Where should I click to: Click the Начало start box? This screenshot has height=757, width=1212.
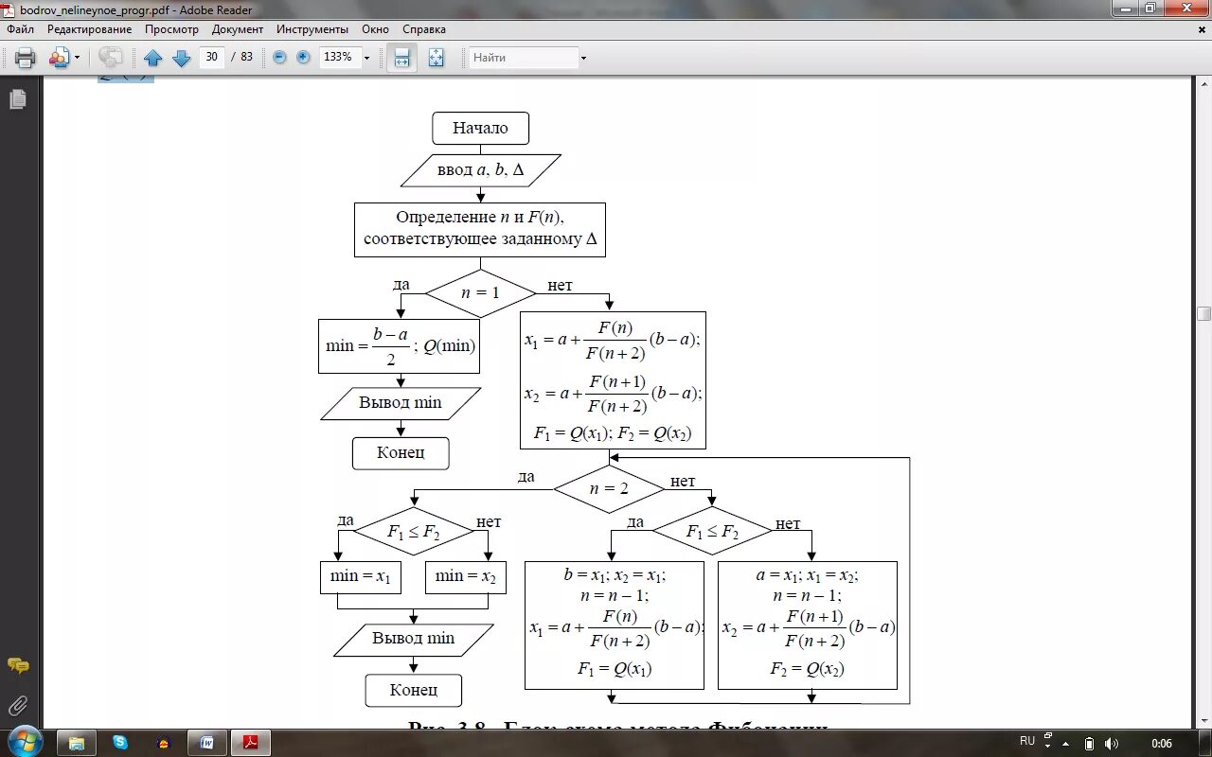tap(480, 129)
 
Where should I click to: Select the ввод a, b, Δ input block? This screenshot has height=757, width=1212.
tap(480, 170)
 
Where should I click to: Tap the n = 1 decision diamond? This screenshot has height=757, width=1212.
tap(480, 293)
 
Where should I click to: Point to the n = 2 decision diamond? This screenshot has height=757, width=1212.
tap(609, 489)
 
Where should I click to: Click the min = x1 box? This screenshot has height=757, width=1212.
tap(360, 576)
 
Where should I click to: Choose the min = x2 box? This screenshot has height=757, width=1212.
tap(465, 576)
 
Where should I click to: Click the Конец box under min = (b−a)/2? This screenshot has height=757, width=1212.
tap(401, 453)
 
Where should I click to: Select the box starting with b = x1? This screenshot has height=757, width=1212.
tap(615, 625)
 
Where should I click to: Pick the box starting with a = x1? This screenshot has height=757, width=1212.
tap(808, 625)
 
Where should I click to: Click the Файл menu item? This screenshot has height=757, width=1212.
tap(20, 29)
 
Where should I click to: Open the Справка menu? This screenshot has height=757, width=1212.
tap(424, 29)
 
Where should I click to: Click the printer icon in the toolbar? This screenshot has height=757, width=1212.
tap(26, 58)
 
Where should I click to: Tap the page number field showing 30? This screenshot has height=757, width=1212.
tap(212, 57)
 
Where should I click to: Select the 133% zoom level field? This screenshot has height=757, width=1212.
tap(338, 57)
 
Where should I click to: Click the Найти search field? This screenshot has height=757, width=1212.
tap(524, 58)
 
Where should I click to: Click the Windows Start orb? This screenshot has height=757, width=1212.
tap(24, 741)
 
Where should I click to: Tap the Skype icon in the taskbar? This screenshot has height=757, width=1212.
tap(120, 743)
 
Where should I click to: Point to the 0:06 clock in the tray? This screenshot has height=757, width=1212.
tap(1162, 743)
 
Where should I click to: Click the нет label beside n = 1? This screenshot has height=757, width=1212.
tap(560, 286)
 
